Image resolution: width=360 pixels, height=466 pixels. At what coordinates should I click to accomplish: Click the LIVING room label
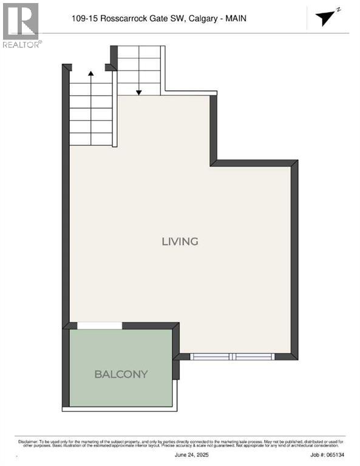[180, 241]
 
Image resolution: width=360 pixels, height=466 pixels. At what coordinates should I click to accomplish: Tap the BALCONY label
[121, 374]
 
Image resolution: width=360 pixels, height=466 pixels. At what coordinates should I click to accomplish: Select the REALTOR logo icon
[20, 21]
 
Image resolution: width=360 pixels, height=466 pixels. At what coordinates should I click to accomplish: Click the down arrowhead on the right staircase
[139, 92]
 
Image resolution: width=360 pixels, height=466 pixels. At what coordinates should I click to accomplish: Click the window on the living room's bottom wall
[233, 357]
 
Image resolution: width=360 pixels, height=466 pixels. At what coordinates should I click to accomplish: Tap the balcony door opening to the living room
[100, 326]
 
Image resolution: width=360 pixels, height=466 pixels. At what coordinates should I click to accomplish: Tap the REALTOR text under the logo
[21, 44]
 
